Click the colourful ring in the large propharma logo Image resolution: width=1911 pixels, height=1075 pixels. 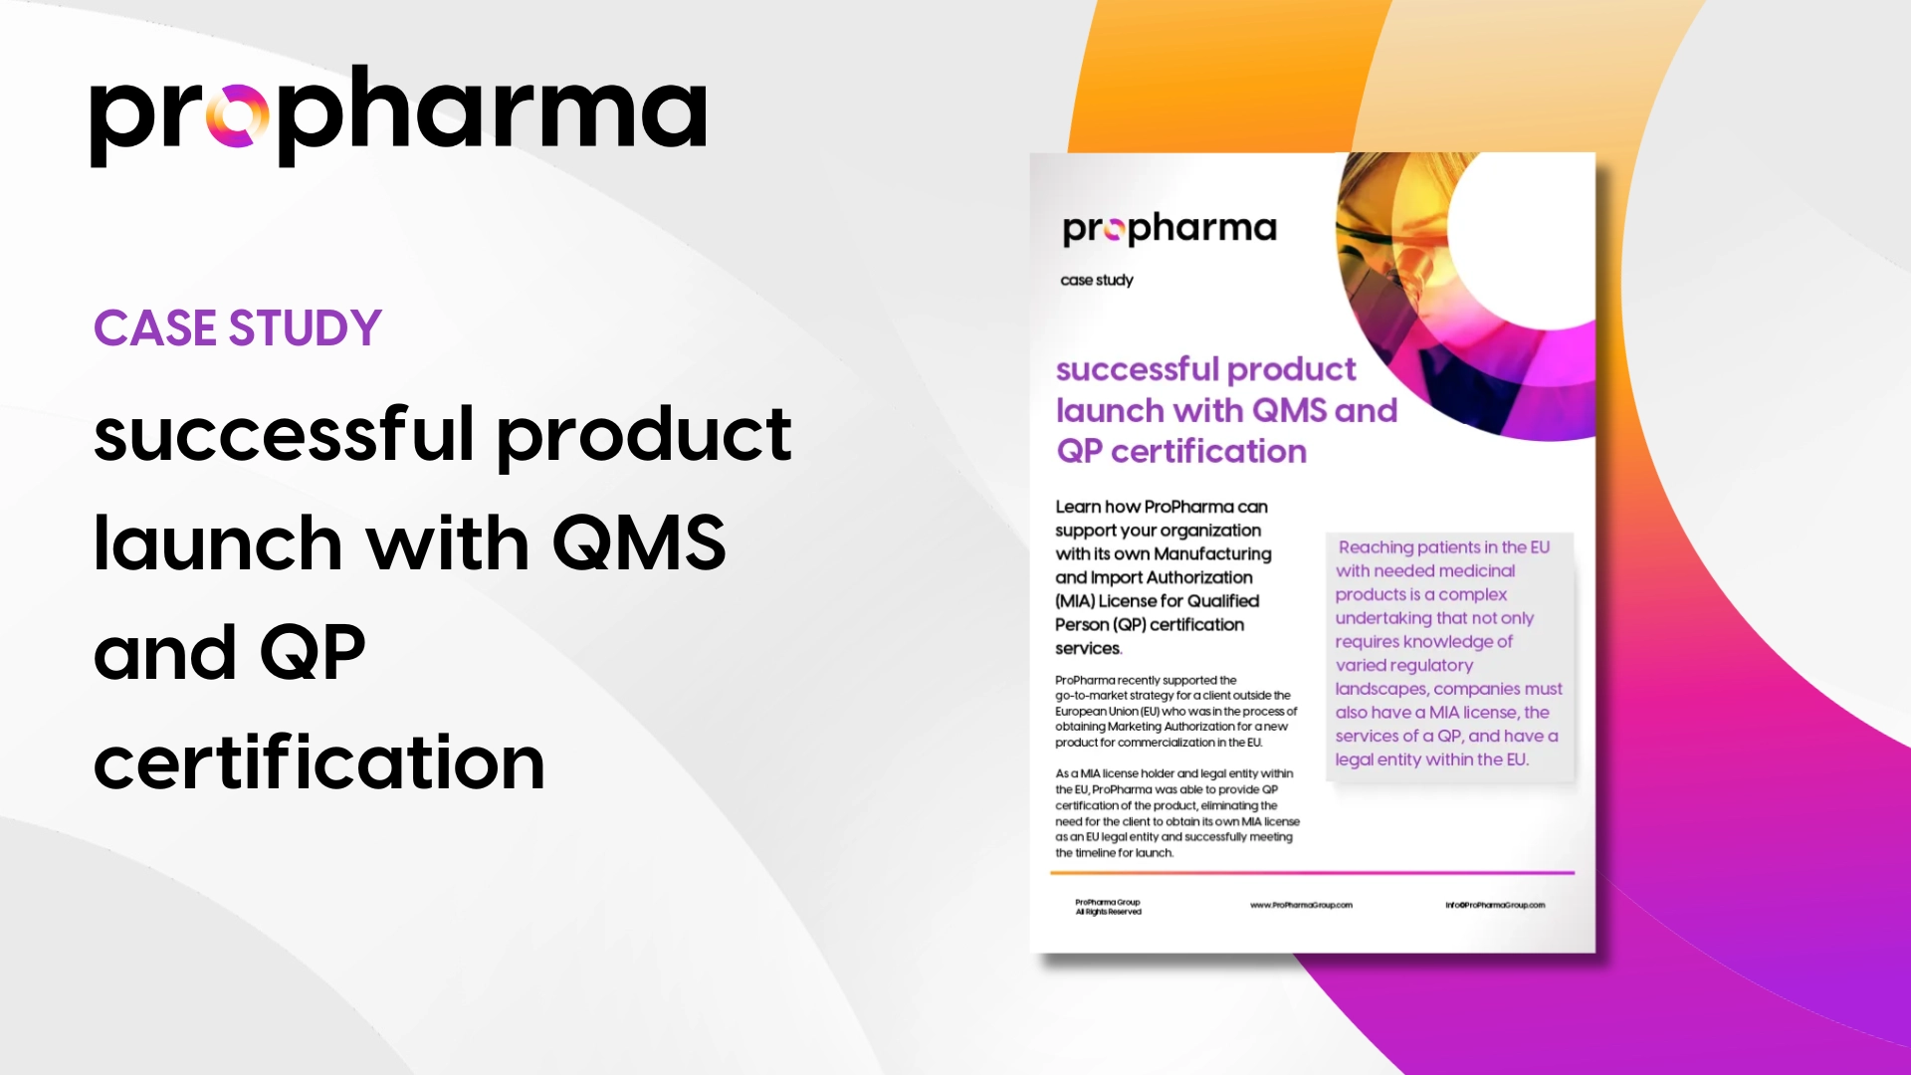[237, 116]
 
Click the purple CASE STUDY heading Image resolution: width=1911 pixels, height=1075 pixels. [238, 328]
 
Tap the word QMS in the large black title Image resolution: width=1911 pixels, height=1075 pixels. [639, 543]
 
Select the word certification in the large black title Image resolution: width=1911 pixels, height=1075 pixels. [319, 762]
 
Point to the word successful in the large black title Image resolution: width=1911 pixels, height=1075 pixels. [284, 435]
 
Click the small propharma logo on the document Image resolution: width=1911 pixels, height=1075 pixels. [1169, 229]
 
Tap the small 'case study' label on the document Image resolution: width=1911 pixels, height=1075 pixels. [1097, 281]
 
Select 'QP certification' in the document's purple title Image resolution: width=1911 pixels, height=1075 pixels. [1181, 452]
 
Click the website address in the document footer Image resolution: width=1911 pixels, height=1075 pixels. [1301, 906]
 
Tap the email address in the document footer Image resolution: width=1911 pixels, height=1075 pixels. [1495, 906]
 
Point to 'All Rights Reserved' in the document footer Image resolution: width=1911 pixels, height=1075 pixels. [1108, 912]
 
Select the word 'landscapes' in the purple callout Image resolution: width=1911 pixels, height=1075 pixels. [1378, 689]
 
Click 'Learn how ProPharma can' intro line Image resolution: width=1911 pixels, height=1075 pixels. [1162, 507]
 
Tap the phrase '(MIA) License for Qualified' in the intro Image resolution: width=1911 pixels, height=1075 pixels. [1158, 601]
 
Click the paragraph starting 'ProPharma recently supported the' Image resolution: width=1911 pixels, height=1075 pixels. [1175, 711]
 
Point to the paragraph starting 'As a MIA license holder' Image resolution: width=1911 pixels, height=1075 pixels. [1176, 812]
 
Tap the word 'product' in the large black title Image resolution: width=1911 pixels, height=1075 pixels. [644, 435]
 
